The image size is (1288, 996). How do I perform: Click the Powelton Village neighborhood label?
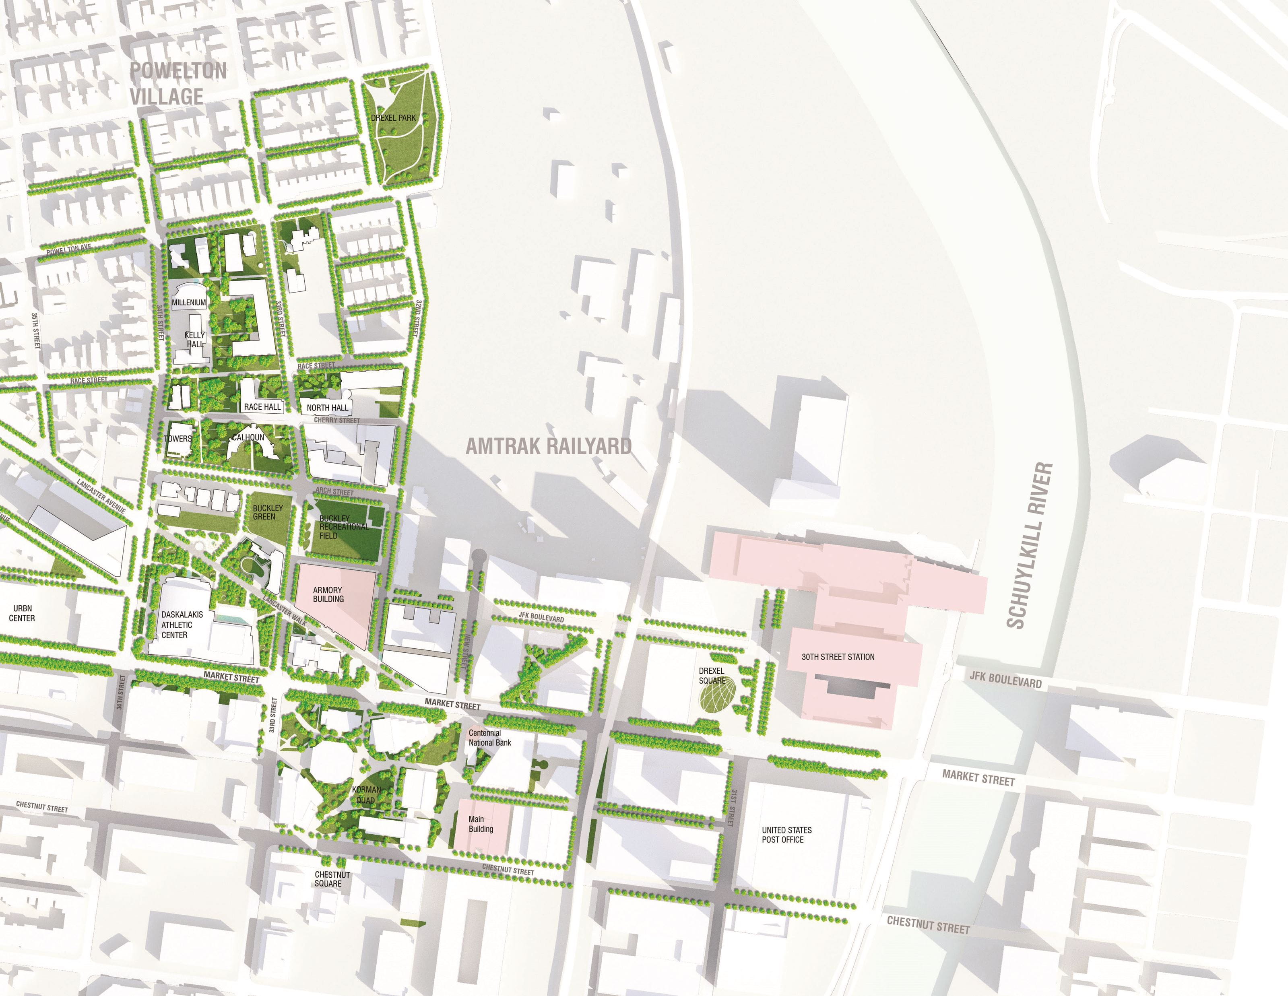click(178, 83)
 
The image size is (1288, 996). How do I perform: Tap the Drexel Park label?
click(393, 118)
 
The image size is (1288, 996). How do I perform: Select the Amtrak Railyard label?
click(549, 446)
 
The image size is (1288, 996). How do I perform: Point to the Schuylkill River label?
click(1029, 545)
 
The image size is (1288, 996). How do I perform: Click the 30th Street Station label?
click(838, 657)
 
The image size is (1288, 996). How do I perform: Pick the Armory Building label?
click(328, 594)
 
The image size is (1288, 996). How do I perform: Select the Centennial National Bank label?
click(489, 738)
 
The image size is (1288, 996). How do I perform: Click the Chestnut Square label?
click(332, 879)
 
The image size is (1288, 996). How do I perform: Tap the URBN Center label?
click(22, 613)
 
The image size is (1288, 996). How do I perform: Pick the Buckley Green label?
click(268, 512)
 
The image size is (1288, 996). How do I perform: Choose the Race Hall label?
click(262, 407)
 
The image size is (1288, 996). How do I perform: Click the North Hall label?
click(327, 408)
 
